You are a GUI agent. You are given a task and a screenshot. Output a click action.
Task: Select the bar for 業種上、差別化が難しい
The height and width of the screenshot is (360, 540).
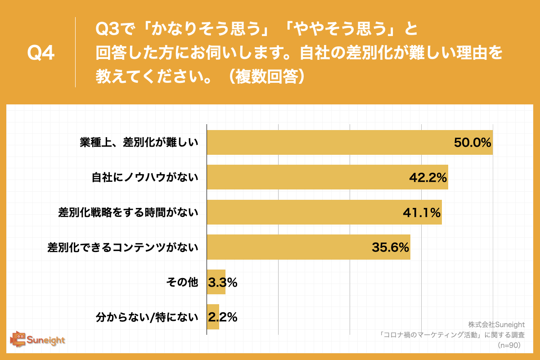pos(328,143)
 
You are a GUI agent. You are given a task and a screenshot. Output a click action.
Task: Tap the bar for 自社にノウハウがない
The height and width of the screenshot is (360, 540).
pos(306,177)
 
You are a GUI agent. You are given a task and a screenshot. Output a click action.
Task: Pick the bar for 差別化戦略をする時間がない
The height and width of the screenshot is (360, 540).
pos(301,212)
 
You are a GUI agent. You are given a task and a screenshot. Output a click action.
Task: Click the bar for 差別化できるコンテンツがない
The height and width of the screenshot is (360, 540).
pos(288,247)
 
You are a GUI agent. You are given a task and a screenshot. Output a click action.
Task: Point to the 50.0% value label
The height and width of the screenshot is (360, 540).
pos(472,143)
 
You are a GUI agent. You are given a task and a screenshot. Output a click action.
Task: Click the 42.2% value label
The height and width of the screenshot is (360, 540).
pos(427,177)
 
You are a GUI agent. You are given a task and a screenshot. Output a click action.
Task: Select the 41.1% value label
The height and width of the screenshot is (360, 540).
pos(421,212)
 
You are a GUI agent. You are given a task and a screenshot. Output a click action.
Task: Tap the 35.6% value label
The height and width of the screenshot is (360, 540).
pos(390,247)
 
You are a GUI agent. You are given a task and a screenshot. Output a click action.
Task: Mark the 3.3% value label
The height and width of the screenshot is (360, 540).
pos(222,282)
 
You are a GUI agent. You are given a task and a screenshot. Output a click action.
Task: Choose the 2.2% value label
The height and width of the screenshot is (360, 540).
pos(222,317)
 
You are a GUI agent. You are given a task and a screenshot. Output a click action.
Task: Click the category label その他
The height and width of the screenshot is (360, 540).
pos(182,282)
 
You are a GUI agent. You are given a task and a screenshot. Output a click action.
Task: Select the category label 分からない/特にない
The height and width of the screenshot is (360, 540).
pos(147,317)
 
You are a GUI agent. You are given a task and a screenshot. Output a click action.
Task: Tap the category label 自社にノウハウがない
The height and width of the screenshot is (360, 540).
pos(145,177)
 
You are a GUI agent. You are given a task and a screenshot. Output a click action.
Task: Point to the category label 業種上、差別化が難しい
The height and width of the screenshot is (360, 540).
pos(139,143)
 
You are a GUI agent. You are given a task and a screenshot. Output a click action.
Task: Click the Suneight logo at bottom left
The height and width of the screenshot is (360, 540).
pos(38,340)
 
